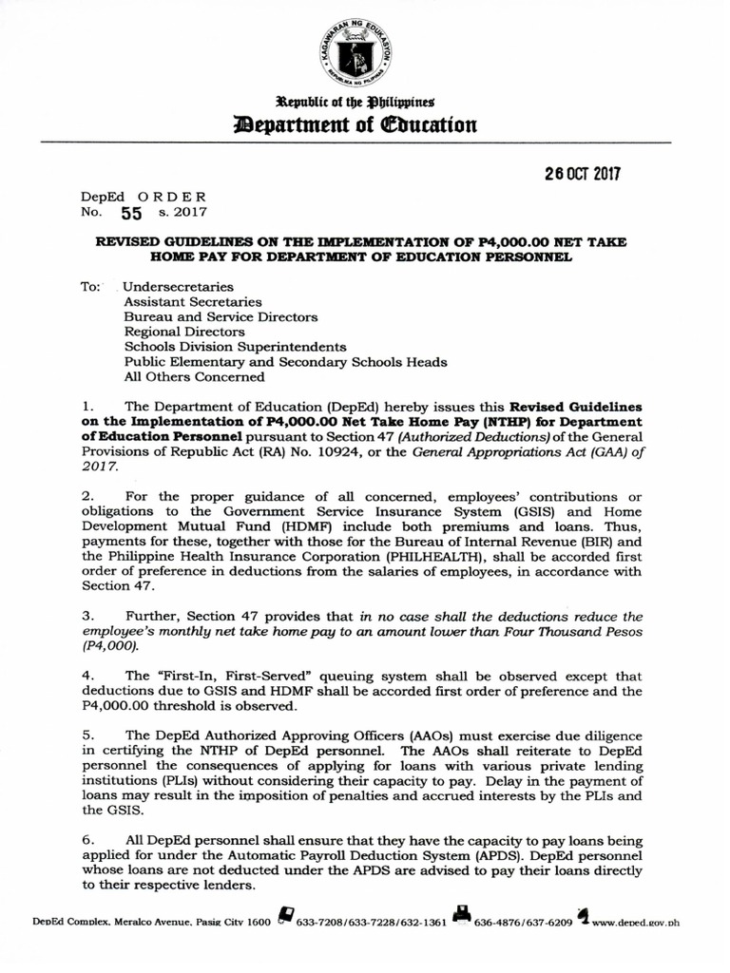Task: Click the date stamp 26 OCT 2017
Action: tap(582, 175)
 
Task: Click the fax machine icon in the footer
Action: tap(461, 916)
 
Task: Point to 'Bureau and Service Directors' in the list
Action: tap(221, 316)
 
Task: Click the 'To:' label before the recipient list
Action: tap(91, 286)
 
